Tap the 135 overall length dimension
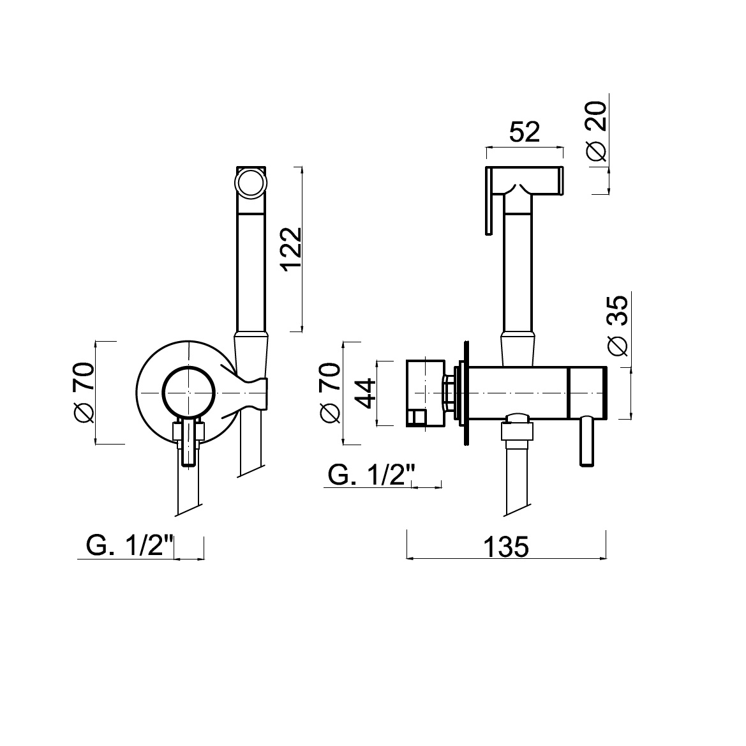506,547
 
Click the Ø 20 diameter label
597,132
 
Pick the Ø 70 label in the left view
83,393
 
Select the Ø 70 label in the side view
330,393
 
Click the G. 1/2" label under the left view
130,545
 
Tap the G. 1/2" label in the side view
371,475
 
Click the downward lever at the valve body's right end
586,440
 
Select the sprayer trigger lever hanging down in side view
488,201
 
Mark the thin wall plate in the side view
466,393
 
